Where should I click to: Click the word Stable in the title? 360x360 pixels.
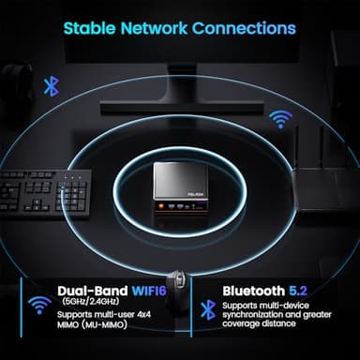pos(92,27)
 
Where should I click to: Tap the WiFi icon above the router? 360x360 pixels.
pos(278,118)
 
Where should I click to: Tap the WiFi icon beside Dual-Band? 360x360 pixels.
pos(39,305)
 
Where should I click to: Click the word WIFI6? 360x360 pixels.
pos(139,292)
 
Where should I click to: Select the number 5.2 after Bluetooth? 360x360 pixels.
pos(299,292)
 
